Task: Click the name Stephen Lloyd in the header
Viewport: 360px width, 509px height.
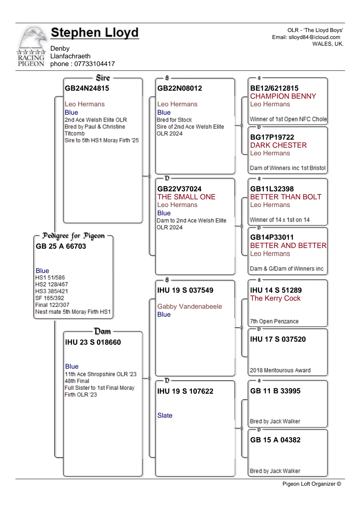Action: coord(95,33)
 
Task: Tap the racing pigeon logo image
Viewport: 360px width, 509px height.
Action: coord(31,47)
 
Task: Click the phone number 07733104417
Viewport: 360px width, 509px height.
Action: coord(94,64)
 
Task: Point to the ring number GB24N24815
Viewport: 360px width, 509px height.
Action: coord(87,88)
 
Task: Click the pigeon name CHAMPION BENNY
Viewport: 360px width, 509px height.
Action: coord(283,96)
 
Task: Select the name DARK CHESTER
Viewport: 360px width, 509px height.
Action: coord(278,145)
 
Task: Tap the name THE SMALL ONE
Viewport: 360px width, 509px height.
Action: coord(186,197)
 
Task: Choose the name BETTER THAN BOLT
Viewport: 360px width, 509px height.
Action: coord(286,197)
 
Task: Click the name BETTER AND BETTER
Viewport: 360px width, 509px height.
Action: coord(288,246)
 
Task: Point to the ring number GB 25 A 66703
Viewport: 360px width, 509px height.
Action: coord(61,246)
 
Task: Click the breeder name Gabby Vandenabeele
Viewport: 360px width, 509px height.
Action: coord(189,306)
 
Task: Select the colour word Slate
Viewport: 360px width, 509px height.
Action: coord(165,415)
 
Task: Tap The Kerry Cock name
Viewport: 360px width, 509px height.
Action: coord(275,298)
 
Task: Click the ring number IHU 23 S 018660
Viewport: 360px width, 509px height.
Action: coord(93,342)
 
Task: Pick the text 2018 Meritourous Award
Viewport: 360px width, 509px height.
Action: coord(280,370)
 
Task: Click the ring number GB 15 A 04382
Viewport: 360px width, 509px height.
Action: coord(275,440)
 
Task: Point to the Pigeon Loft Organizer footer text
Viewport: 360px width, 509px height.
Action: coord(311,484)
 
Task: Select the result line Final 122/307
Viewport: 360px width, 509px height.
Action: coord(52,305)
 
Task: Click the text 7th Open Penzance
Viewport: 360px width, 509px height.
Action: coord(274,321)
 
